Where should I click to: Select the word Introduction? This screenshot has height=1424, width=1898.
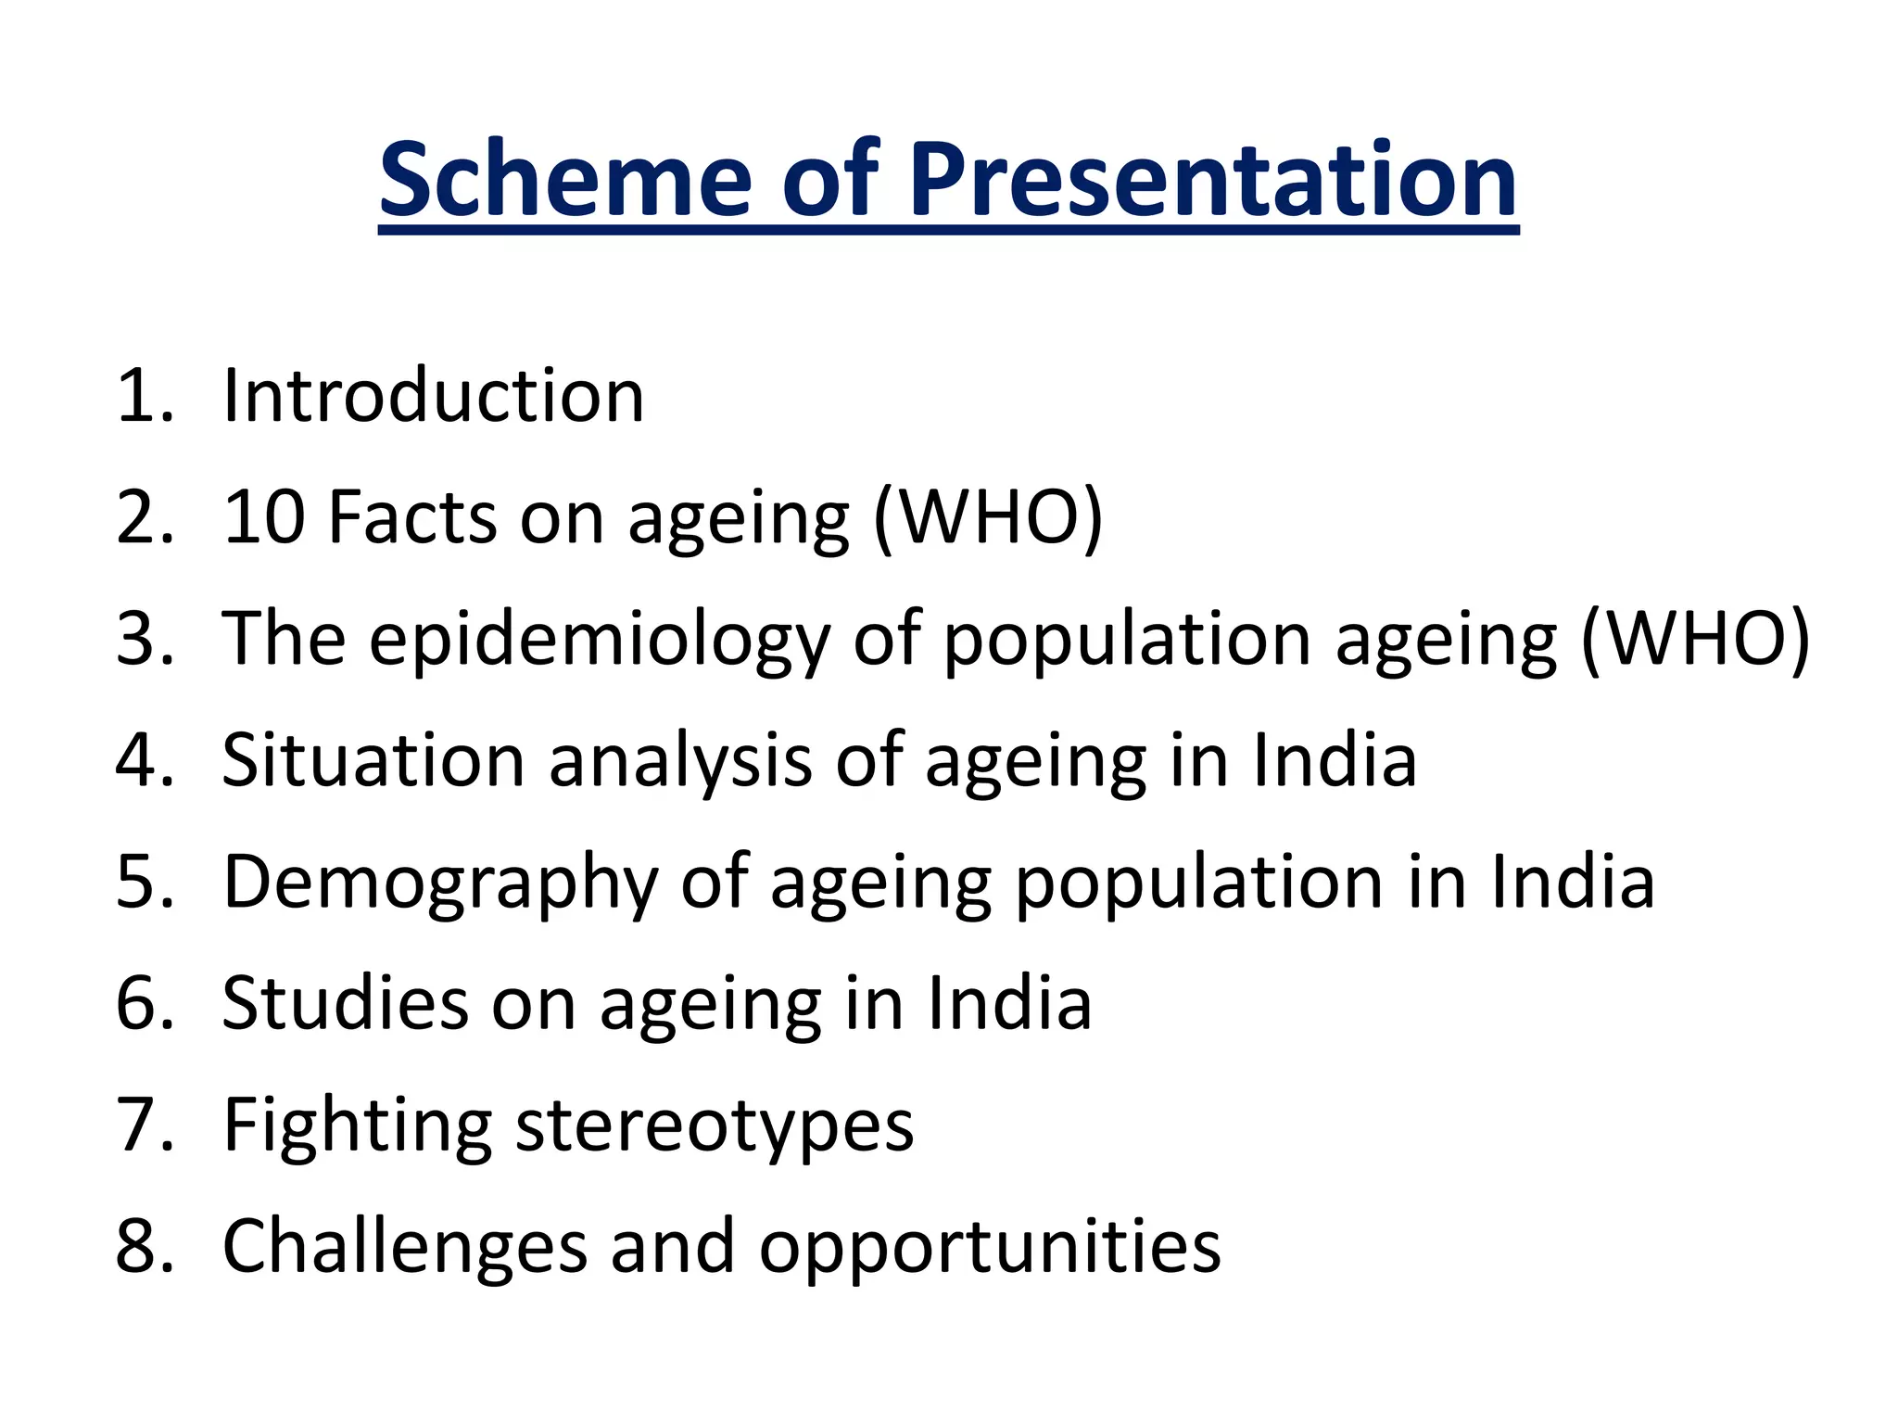click(x=433, y=396)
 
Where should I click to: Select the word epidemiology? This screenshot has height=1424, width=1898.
click(x=600, y=640)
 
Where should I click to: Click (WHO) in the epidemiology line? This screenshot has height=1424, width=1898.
click(x=1695, y=640)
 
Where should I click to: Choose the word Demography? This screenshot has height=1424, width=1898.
click(x=440, y=883)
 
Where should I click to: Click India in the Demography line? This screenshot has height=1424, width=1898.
click(x=1572, y=883)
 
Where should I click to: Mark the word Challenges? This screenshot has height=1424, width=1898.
click(x=405, y=1246)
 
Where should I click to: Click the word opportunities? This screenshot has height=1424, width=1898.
click(x=990, y=1246)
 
